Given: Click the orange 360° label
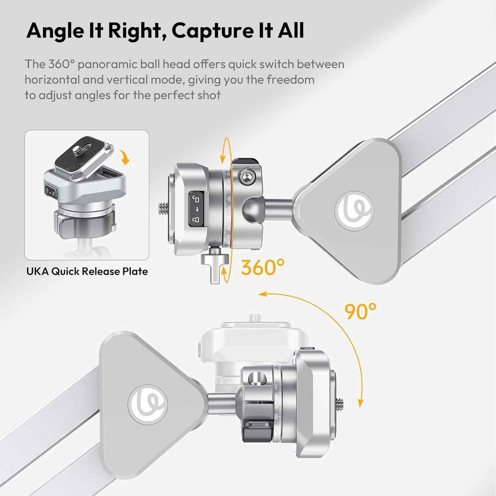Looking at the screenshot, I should click(x=263, y=267).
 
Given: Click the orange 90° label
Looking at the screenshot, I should click(x=360, y=311).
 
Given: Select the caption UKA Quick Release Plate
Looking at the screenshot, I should click(x=87, y=272).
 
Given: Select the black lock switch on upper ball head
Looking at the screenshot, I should click(x=196, y=209).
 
